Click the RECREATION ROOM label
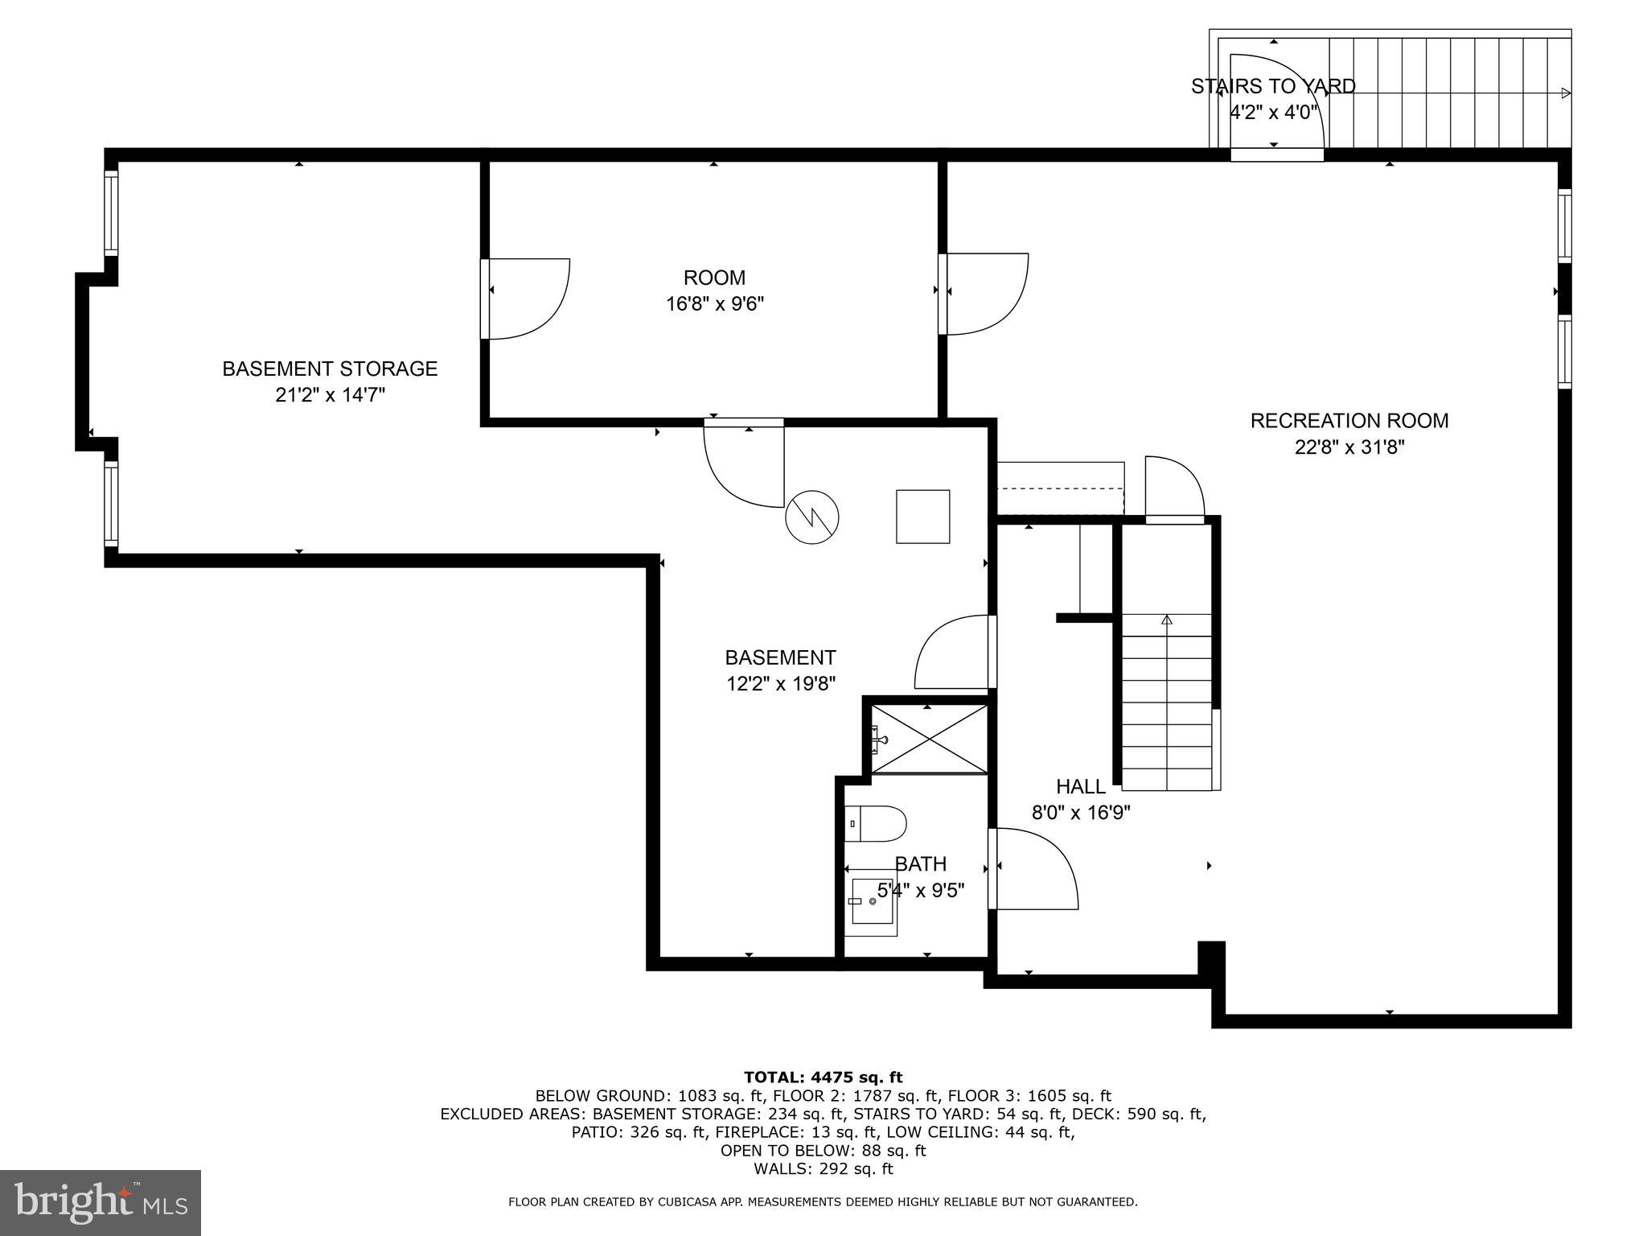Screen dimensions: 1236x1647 point(1349,421)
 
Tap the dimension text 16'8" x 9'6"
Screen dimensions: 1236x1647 point(714,304)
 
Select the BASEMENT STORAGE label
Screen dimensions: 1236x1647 point(330,369)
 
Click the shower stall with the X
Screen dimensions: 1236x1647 point(930,740)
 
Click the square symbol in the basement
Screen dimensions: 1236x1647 point(923,517)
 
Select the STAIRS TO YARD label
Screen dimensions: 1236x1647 point(1272,86)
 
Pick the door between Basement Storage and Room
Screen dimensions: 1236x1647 point(527,299)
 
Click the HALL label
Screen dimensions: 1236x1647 point(1080,786)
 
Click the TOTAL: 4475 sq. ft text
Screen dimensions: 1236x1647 point(823,1077)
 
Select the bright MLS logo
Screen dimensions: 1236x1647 point(101,1203)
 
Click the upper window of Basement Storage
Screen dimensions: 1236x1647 point(111,212)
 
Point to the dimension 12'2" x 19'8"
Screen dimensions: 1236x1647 point(780,684)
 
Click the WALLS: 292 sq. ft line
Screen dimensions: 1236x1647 point(823,1169)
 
